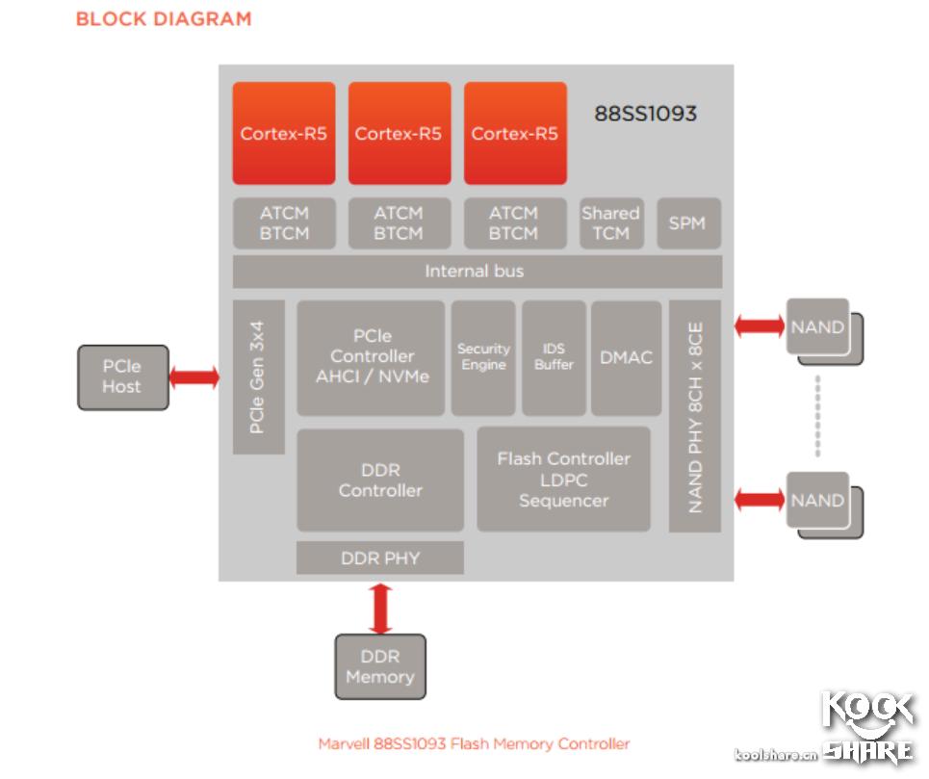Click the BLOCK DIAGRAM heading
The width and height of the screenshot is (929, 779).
tap(163, 18)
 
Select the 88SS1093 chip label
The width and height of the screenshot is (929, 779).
tap(644, 114)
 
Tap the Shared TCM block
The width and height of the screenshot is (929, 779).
tap(610, 223)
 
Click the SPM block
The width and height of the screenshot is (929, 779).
tap(687, 223)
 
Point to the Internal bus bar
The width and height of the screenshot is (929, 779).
tap(477, 272)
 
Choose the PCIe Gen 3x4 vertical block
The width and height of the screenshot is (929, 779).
tap(258, 377)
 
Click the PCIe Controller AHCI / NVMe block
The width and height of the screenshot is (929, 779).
tap(371, 357)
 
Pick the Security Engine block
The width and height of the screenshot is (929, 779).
tap(482, 357)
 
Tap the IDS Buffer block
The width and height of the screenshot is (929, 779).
tap(554, 357)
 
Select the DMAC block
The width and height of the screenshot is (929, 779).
tap(626, 357)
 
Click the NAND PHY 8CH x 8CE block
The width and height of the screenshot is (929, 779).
tap(694, 415)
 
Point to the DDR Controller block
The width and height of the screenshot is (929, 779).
tap(380, 480)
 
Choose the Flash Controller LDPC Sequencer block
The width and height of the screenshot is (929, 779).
tap(563, 480)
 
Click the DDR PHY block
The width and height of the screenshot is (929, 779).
tap(380, 558)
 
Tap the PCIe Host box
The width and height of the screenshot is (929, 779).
tap(122, 377)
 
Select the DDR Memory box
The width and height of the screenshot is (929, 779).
tap(379, 667)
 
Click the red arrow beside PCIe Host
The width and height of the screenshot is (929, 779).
tap(194, 377)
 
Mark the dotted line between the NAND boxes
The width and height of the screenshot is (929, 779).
tap(817, 415)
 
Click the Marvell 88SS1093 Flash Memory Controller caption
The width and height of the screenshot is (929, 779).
tap(474, 743)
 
